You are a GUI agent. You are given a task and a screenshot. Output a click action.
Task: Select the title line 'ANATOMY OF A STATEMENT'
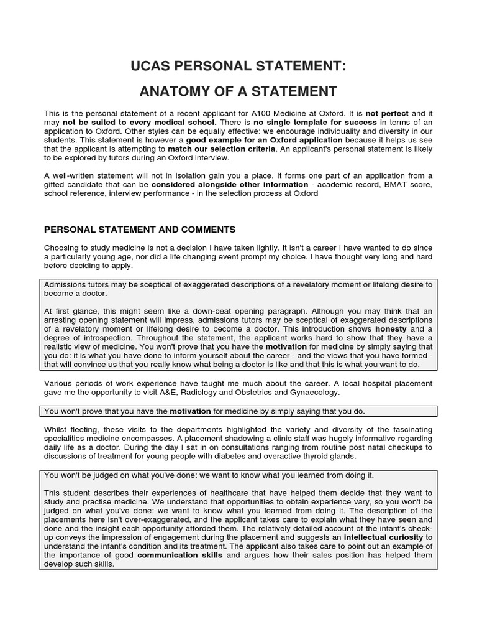[x=238, y=92]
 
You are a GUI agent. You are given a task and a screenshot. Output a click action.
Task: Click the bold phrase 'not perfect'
[x=388, y=113]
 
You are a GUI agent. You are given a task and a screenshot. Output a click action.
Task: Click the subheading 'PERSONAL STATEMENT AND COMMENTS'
[x=140, y=230]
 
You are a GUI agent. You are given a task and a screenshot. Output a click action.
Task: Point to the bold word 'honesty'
[x=391, y=328]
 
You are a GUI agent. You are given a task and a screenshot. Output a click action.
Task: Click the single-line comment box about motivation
[x=238, y=411]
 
